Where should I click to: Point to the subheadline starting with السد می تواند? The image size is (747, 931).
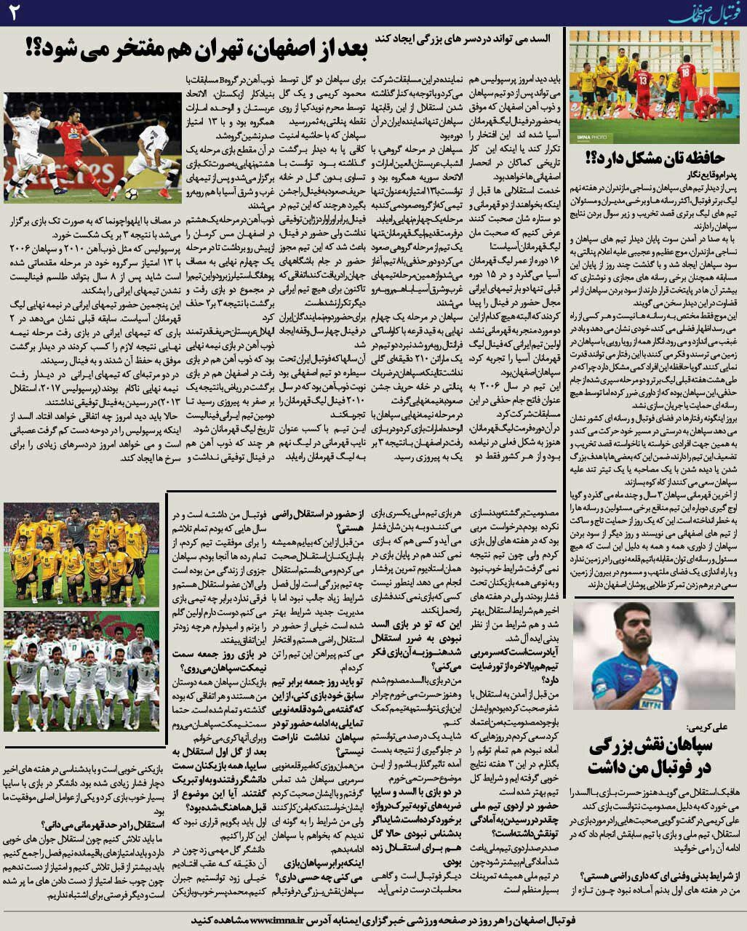[465, 36]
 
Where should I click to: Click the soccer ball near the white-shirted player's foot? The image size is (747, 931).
[130, 194]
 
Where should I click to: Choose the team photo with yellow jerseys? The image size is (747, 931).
[81, 553]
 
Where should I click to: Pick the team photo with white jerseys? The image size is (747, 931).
[81, 671]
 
